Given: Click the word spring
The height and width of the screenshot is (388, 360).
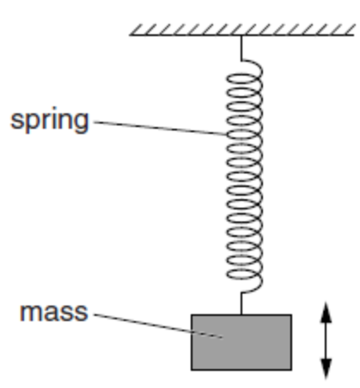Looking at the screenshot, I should tap(49, 120).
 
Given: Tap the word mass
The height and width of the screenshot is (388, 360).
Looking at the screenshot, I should tap(53, 310).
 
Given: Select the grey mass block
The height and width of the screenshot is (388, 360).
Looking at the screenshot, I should tap(241, 341).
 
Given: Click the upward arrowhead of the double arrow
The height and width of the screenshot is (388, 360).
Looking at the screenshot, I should tap(326, 312).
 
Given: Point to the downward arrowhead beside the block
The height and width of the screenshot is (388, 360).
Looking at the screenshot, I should tap(326, 371).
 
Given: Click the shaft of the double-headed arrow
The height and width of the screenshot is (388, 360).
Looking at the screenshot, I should tap(326, 342).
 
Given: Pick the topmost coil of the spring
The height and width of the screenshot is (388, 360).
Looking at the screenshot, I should tap(241, 64).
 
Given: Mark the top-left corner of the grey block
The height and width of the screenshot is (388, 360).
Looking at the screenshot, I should tap(192, 315).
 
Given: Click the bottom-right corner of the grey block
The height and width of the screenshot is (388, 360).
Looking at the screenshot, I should tap(290, 368).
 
